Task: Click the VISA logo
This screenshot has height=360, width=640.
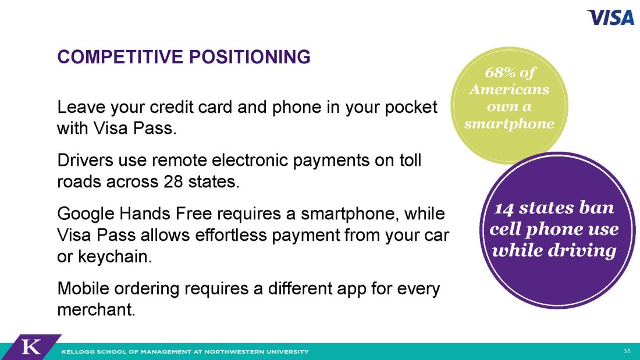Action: [610, 17]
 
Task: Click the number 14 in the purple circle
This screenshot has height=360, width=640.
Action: [504, 208]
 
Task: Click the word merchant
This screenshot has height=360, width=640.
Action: [96, 310]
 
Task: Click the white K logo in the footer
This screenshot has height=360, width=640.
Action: [31, 347]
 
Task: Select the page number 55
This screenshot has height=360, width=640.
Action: [627, 351]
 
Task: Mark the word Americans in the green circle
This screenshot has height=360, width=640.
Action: [510, 90]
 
